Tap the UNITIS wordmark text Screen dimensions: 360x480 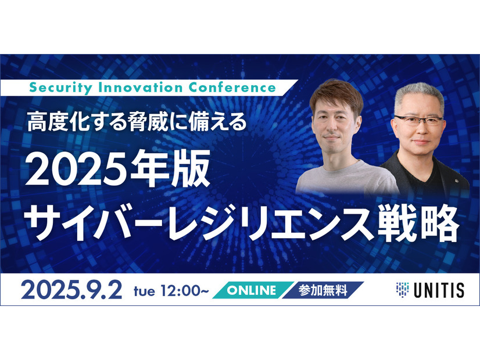coord(439,290)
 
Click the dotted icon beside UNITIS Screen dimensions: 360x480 coord(402,289)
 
